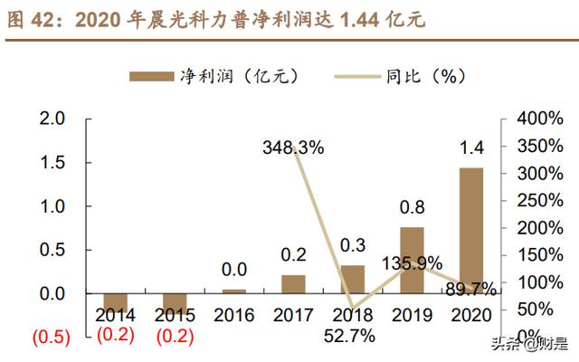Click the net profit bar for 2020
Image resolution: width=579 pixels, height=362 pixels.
[x=470, y=230]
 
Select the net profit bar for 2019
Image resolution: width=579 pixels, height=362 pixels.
[x=412, y=261]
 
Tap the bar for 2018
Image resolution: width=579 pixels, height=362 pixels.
[x=353, y=279]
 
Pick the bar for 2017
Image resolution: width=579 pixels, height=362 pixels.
[x=293, y=284]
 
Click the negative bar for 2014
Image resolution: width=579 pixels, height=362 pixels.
[x=116, y=301]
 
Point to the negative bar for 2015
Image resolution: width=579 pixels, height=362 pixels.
[x=175, y=301]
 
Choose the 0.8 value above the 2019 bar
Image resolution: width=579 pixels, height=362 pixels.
[x=412, y=207]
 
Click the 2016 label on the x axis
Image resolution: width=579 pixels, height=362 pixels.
[x=233, y=316]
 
